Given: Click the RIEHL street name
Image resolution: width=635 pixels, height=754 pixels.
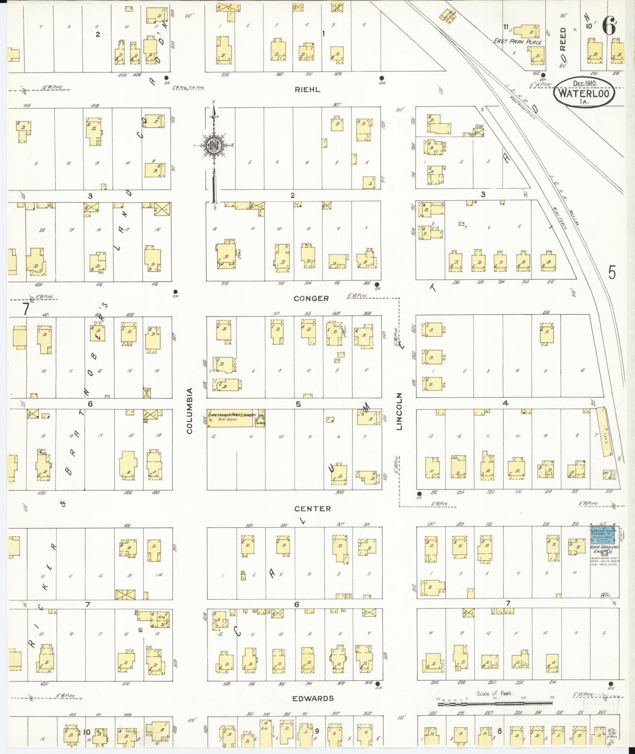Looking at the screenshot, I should click(x=307, y=89).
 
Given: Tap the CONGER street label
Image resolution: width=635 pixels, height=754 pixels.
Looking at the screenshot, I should click(x=311, y=298).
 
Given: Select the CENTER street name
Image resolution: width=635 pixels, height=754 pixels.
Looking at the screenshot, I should click(x=313, y=509).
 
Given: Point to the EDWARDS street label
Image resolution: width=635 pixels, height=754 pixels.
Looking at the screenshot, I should click(x=313, y=698).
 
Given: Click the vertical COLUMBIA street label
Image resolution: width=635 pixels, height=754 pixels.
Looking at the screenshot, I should click(x=189, y=411).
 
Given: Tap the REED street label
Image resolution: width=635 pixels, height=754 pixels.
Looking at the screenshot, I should click(x=563, y=39).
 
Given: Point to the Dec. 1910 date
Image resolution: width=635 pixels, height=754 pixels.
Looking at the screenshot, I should click(x=585, y=84).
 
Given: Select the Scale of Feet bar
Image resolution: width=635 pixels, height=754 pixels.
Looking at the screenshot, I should click(x=494, y=703).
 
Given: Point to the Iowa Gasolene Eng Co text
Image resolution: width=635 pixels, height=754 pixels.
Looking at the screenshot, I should click(x=604, y=549).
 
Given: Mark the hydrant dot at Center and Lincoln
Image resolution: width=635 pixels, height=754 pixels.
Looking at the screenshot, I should click(x=419, y=493).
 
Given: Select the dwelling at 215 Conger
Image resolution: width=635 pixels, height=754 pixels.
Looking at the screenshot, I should click(x=546, y=333).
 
